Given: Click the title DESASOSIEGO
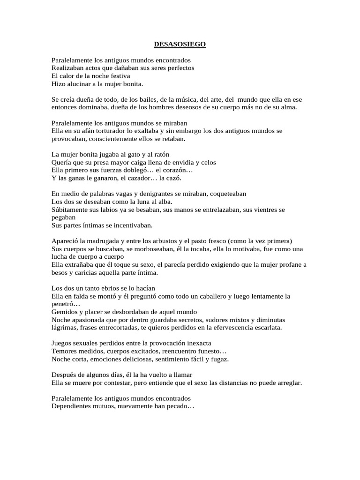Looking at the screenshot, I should coord(180,45).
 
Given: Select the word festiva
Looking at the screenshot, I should coord(119,76).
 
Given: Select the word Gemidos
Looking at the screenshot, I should coord(64,312).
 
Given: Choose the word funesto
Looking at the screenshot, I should coord(207,351).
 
